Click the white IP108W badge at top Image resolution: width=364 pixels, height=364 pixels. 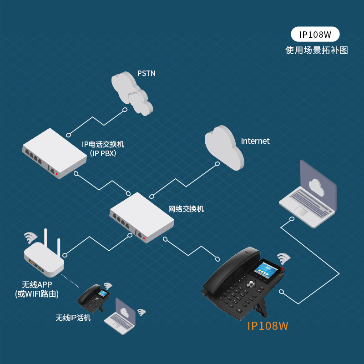tap(315, 34)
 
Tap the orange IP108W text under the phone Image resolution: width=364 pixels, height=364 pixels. tap(268, 326)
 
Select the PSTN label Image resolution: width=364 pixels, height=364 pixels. tap(147, 73)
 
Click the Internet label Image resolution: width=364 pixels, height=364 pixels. tap(255, 141)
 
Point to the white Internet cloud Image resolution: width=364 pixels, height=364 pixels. tap(223, 148)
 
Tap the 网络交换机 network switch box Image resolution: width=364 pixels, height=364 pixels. tap(142, 217)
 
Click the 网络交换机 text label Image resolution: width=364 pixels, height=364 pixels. tap(186, 209)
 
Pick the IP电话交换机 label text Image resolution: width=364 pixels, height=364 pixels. tap(103, 145)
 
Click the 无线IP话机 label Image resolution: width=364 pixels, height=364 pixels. tap(73, 318)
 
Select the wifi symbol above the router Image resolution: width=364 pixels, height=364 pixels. tap(30, 237)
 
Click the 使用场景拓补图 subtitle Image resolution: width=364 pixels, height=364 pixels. tap(317, 50)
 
